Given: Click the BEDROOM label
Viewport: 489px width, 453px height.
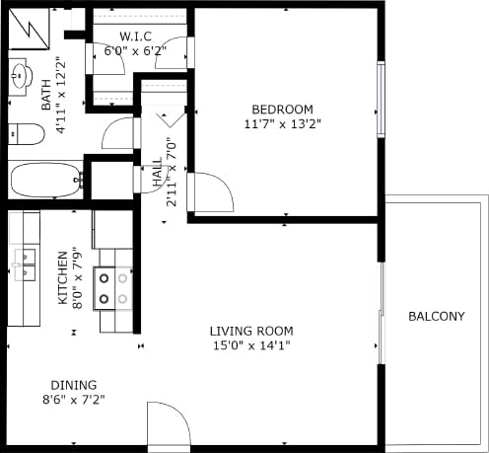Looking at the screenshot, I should click(x=282, y=109).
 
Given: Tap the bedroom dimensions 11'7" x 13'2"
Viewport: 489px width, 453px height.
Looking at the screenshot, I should click(x=282, y=124).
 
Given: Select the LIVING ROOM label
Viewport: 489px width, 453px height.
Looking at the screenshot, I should click(x=250, y=331).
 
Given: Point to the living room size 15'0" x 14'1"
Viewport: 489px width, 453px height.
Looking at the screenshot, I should click(x=250, y=345).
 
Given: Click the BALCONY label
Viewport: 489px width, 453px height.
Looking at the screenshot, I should click(x=436, y=317).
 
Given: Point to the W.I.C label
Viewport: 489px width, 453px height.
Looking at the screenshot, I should click(x=134, y=37).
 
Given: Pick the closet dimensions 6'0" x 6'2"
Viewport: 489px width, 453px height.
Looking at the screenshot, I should click(x=135, y=50).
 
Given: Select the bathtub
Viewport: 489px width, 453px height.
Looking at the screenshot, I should click(x=44, y=182).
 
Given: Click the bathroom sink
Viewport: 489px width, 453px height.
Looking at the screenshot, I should click(x=20, y=74).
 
